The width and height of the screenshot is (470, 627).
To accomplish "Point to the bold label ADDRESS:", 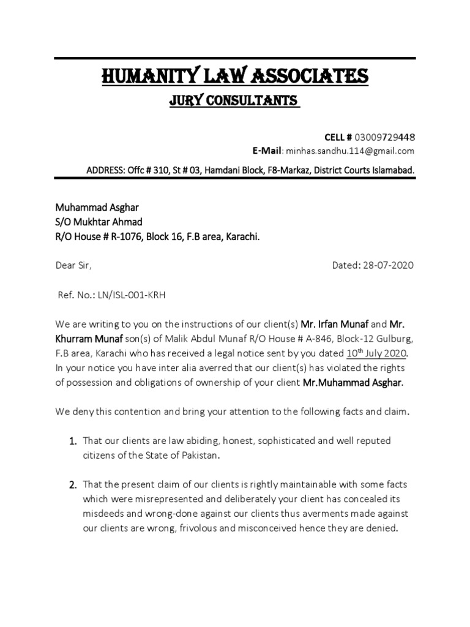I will [105, 169].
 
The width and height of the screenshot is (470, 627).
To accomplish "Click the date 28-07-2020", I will [387, 265].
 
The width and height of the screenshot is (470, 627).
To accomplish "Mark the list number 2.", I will [71, 486].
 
